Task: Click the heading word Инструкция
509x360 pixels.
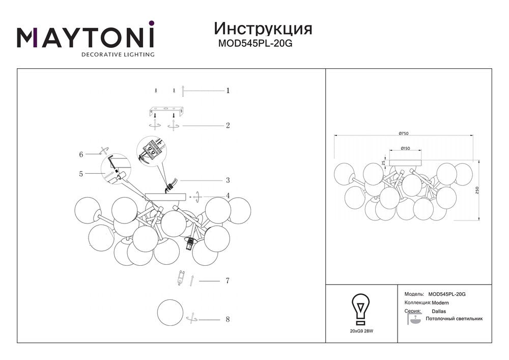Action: pyautogui.click(x=263, y=29)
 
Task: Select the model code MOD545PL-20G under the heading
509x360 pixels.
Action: pyautogui.click(x=255, y=43)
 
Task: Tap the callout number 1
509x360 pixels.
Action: pyautogui.click(x=228, y=91)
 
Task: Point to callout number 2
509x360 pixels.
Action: pyautogui.click(x=228, y=125)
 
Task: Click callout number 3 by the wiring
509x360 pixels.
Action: pyautogui.click(x=228, y=180)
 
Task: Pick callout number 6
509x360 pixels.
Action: pyautogui.click(x=81, y=154)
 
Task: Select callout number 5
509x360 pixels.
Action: pyautogui.click(x=81, y=174)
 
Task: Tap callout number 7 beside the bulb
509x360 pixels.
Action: pyautogui.click(x=228, y=281)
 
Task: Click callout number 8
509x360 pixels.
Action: pyautogui.click(x=228, y=319)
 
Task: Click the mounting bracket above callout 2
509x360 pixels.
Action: pyautogui.click(x=165, y=111)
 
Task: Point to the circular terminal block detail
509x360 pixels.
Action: pyautogui.click(x=151, y=151)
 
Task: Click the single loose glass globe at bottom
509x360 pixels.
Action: pyautogui.click(x=170, y=312)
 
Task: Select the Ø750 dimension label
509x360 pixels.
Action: pyautogui.click(x=404, y=133)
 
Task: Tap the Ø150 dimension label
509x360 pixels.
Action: pyautogui.click(x=406, y=148)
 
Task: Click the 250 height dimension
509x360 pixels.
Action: pyautogui.click(x=477, y=190)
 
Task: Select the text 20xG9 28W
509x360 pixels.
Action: pyautogui.click(x=361, y=331)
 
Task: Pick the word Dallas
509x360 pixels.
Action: pyautogui.click(x=439, y=311)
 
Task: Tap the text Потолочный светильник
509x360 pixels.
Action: pyautogui.click(x=454, y=319)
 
